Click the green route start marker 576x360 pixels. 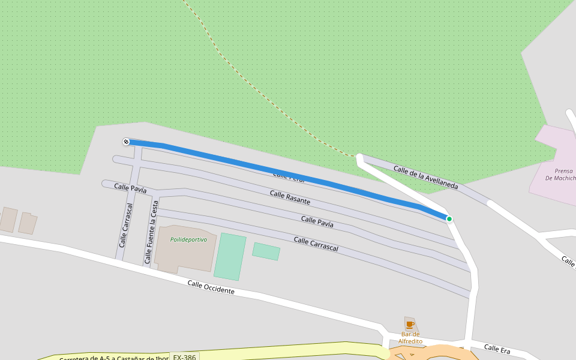coord(449,219)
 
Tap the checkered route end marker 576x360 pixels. coord(126,142)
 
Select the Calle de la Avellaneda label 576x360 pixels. coord(425,178)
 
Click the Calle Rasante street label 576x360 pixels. coord(290,197)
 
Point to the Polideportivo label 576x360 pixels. coord(188,239)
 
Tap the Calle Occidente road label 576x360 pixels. coord(211,287)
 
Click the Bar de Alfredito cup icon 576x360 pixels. coord(410,325)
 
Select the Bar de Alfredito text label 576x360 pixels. coord(410,338)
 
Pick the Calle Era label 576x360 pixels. coord(497,349)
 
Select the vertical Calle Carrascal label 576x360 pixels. coord(126,225)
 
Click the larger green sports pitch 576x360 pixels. coord(230,257)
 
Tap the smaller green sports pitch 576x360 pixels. coord(266,251)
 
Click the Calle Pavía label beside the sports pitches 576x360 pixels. coord(317,222)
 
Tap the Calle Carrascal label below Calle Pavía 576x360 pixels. coord(316,244)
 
